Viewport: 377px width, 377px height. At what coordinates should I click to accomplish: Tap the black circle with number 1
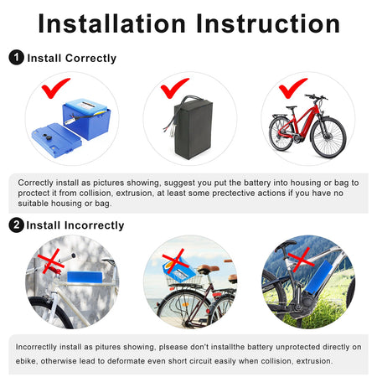click(x=16, y=58)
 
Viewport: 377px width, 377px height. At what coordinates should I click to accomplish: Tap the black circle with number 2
click(x=16, y=225)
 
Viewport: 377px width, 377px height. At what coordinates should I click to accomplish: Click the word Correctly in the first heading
click(x=87, y=59)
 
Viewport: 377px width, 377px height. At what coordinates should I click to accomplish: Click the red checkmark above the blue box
click(x=55, y=86)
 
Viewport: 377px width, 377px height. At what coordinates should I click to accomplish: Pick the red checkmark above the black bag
click(x=175, y=87)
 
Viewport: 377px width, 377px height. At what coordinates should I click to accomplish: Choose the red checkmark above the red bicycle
click(x=292, y=86)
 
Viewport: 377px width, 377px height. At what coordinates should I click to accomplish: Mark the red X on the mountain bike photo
click(x=299, y=256)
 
